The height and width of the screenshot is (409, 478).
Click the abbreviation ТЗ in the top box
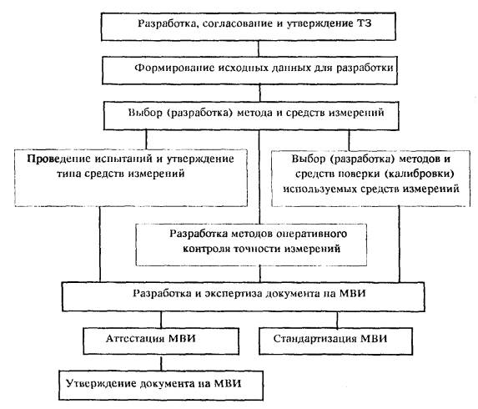364,23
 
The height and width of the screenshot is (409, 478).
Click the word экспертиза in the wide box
234,294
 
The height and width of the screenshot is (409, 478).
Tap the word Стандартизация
314,339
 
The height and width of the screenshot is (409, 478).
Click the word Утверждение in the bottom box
102,383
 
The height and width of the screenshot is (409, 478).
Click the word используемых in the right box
320,189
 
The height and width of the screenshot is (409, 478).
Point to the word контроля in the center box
206,249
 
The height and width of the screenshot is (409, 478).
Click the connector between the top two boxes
259,48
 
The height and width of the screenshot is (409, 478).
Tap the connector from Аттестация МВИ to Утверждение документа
161,363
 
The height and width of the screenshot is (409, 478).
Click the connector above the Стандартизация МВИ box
337,320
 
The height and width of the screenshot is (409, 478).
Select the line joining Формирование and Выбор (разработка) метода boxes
259,93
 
